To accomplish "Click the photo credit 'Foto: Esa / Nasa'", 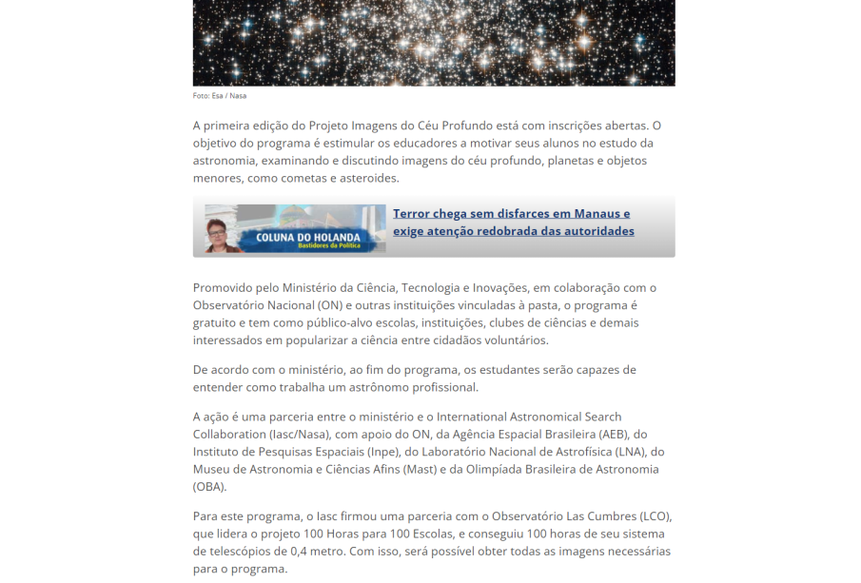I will coord(220,96).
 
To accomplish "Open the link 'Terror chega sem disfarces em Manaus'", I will coord(511,214).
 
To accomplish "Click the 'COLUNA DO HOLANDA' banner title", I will coord(306,237).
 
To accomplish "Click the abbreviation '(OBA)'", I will coord(209,487).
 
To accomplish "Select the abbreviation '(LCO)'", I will coord(655,516).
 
